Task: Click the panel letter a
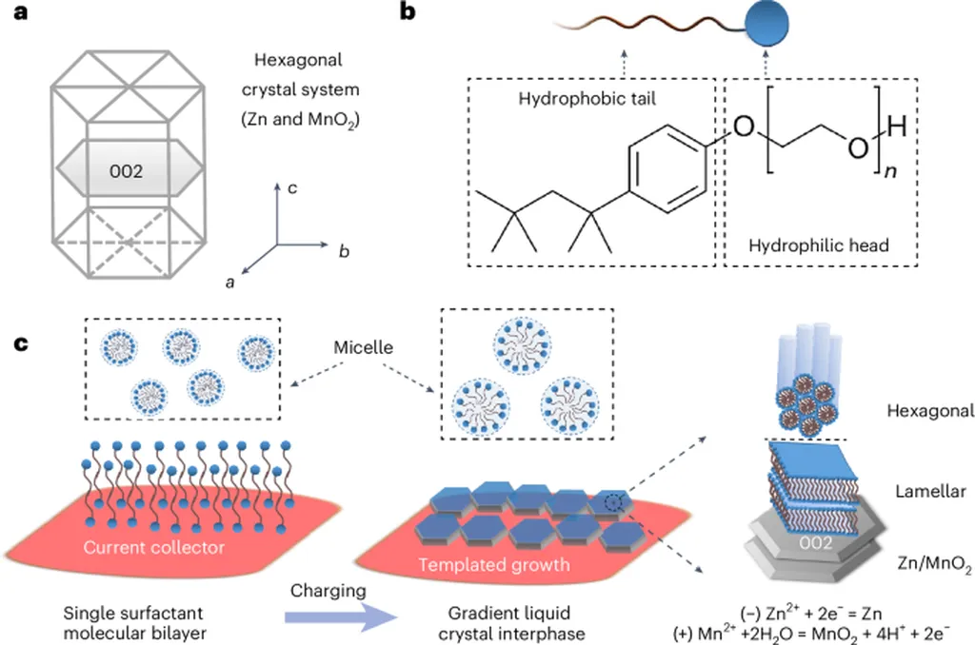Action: [x=17, y=15]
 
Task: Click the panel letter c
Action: [x=17, y=340]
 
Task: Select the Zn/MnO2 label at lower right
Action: [x=932, y=568]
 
